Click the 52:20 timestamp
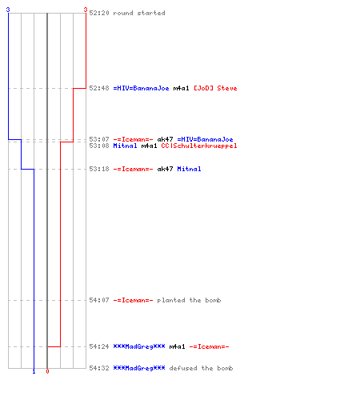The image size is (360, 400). (x=99, y=13)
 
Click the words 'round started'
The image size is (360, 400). (x=139, y=13)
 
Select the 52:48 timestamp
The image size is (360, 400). (x=99, y=88)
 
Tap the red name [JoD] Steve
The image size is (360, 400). (x=215, y=88)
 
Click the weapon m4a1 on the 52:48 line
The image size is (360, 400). (x=181, y=88)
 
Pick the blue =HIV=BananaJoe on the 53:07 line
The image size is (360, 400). (x=205, y=139)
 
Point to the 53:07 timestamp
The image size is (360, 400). (x=99, y=139)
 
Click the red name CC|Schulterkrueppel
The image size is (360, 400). (x=199, y=146)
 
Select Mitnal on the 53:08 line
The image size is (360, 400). (x=125, y=146)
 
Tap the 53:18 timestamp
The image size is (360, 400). (x=99, y=169)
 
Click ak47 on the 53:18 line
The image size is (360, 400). (x=165, y=169)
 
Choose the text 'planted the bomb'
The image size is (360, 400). (x=189, y=300)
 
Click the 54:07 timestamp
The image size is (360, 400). (x=99, y=300)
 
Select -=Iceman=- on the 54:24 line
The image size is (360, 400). (x=209, y=346)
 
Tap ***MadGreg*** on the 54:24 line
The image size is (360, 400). (x=139, y=346)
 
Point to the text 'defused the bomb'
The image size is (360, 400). (x=201, y=368)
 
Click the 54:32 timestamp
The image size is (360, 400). (x=99, y=368)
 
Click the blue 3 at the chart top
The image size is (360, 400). (x=8, y=10)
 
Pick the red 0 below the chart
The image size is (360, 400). (x=47, y=371)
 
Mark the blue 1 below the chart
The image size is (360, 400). (x=34, y=372)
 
